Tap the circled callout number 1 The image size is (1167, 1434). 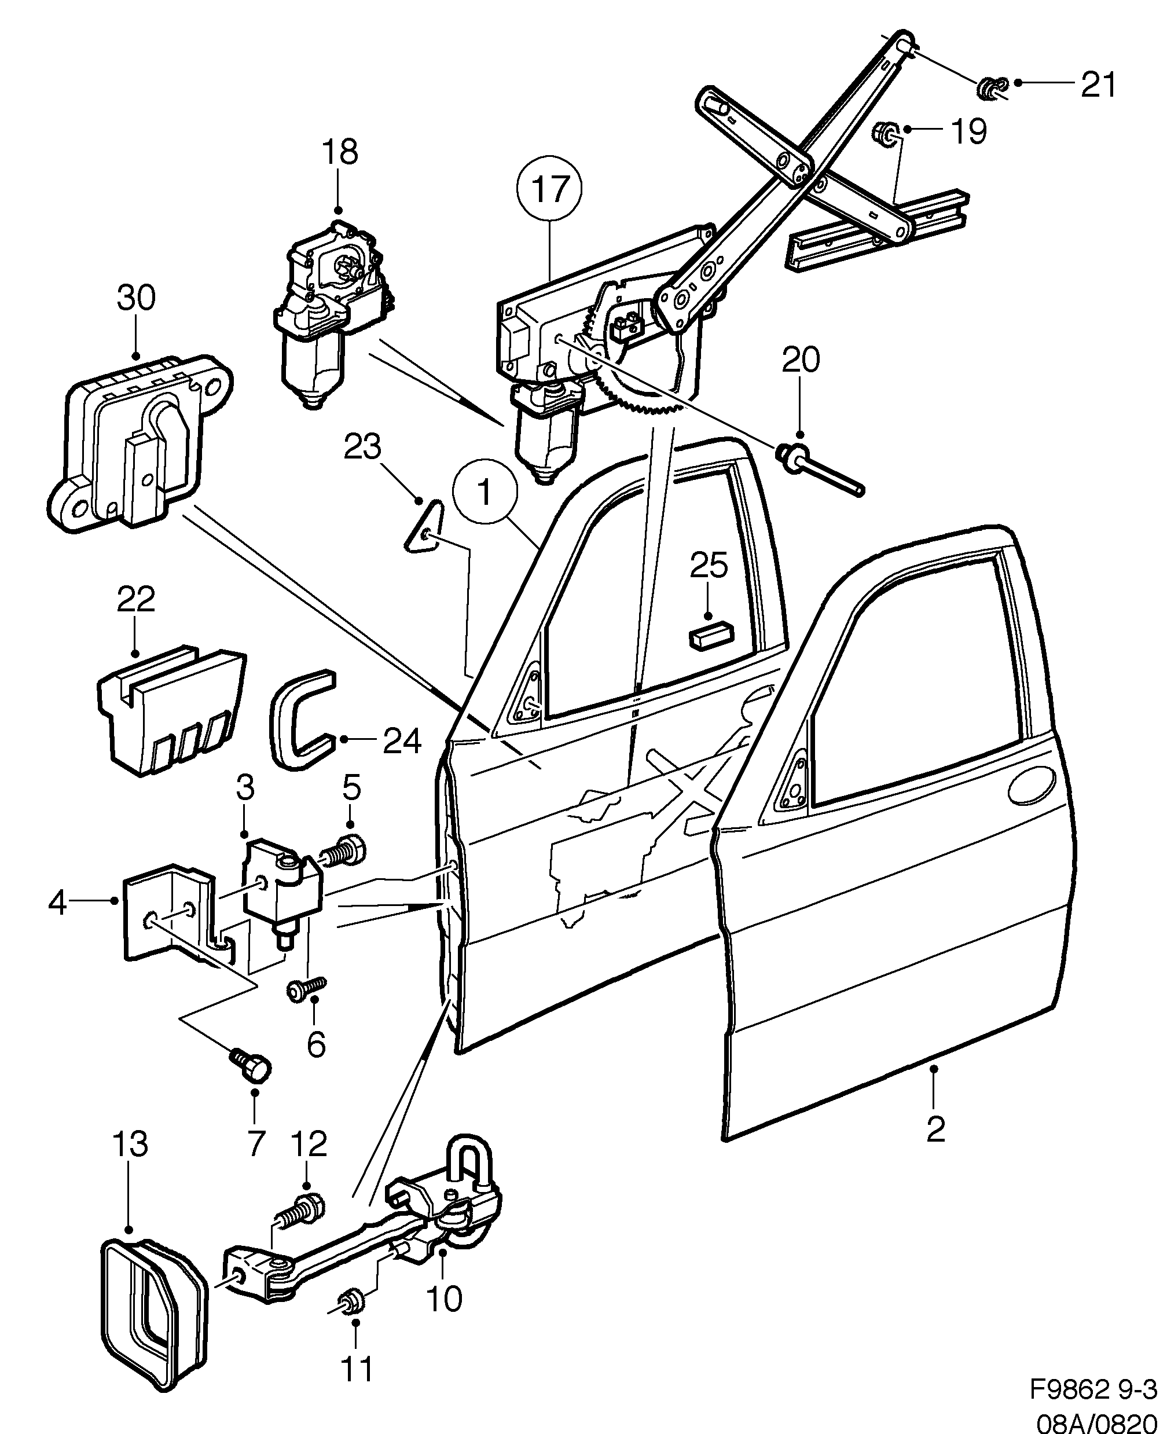click(x=485, y=493)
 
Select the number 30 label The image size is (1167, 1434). click(x=136, y=297)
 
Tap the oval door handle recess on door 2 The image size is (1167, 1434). click(x=1030, y=785)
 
